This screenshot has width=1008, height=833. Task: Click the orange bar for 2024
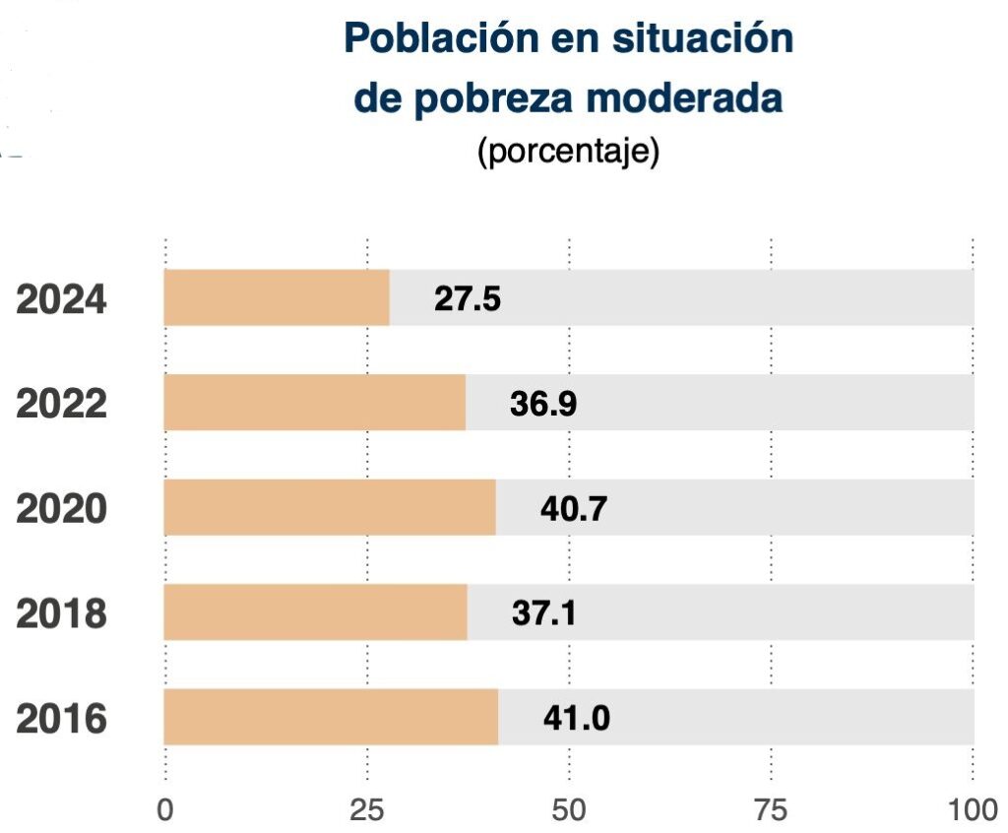pyautogui.click(x=277, y=297)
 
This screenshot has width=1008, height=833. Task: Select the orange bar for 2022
pyautogui.click(x=315, y=403)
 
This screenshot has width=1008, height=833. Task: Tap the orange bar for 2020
pyautogui.click(x=330, y=508)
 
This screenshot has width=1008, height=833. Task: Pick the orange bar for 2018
pyautogui.click(x=316, y=612)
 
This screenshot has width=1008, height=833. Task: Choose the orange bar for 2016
pyautogui.click(x=331, y=718)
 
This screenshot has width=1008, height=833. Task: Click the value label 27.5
pyautogui.click(x=468, y=299)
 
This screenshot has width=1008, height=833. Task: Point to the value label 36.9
pyautogui.click(x=543, y=405)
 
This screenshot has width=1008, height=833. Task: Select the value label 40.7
pyautogui.click(x=574, y=509)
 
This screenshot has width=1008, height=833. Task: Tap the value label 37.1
pyautogui.click(x=544, y=613)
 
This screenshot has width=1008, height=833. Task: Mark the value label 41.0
pyautogui.click(x=577, y=719)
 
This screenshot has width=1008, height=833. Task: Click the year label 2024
pyautogui.click(x=62, y=299)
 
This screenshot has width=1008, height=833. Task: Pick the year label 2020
pyautogui.click(x=62, y=510)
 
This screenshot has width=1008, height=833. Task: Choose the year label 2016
pyautogui.click(x=62, y=720)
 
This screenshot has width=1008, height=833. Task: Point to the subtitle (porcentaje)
pyautogui.click(x=568, y=154)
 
